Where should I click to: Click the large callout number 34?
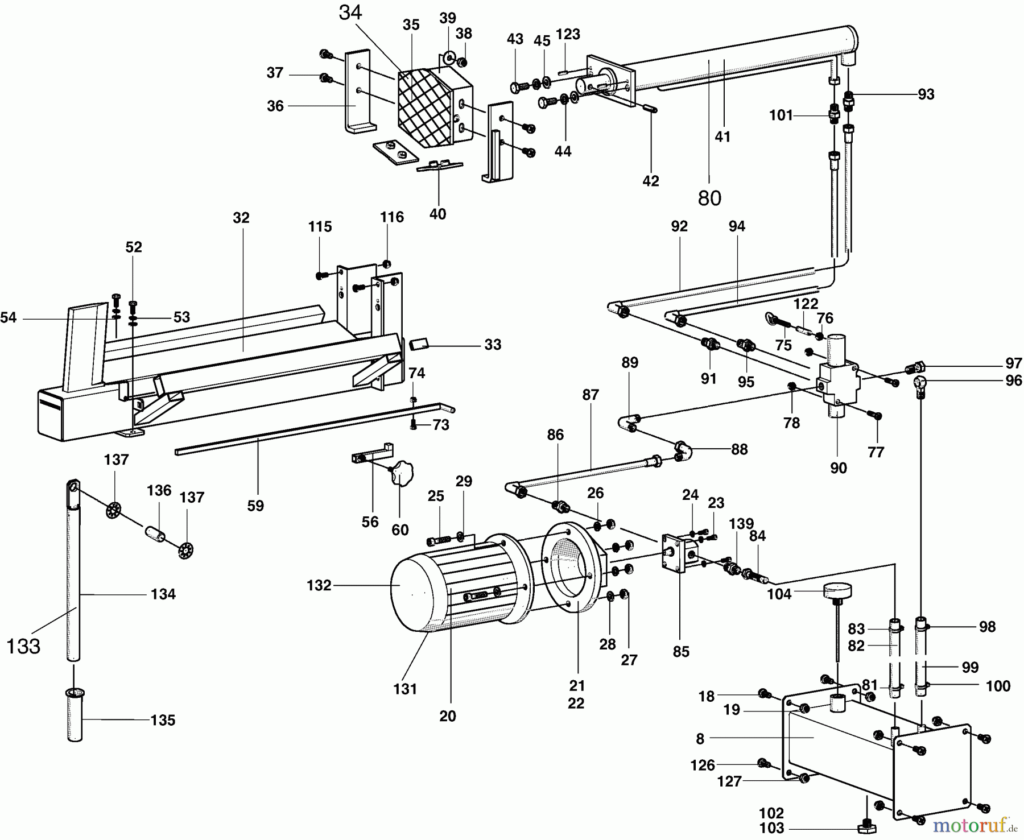click(x=350, y=13)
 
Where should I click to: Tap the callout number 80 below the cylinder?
click(x=709, y=198)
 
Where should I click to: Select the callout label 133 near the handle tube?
click(x=23, y=646)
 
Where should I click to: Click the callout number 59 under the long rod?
click(x=255, y=506)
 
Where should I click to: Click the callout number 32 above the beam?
click(x=241, y=218)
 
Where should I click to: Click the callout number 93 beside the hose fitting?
click(x=926, y=94)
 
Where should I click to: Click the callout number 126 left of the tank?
click(x=703, y=765)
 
